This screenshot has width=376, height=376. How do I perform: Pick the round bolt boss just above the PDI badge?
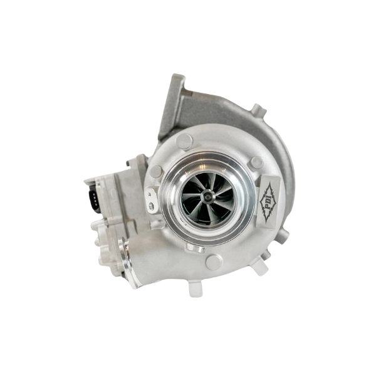(x=256, y=162)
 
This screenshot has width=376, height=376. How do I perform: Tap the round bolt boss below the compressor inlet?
(x=213, y=262)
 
